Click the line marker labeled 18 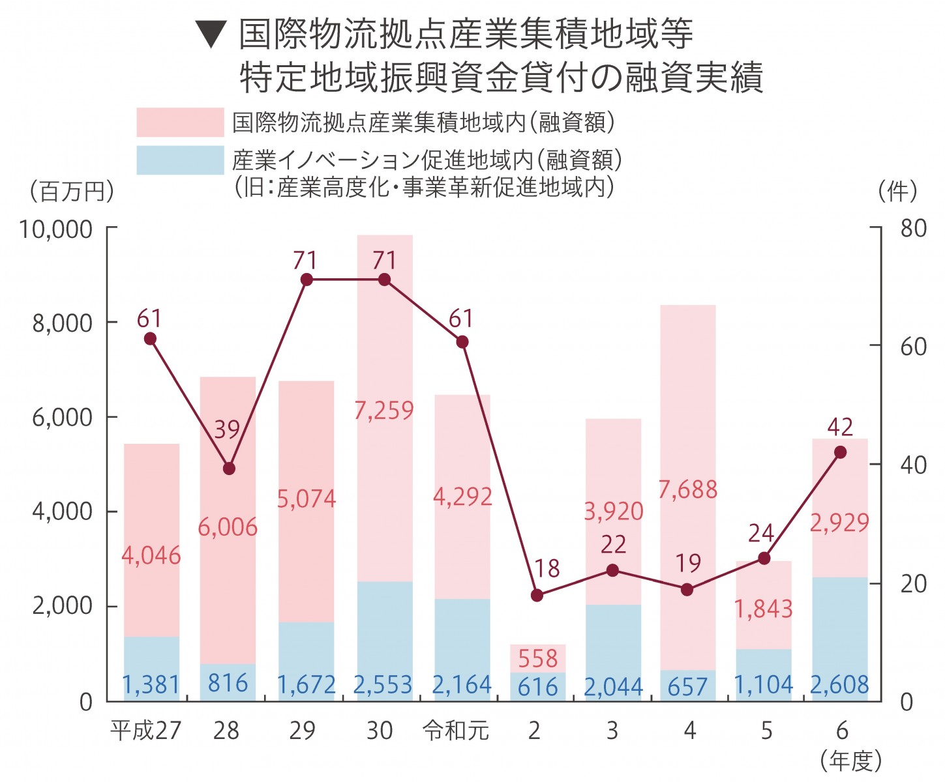(537, 595)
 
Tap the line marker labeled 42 (840, 452)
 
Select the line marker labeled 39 (229, 469)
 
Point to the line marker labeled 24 (764, 558)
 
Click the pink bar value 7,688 (687, 489)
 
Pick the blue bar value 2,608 (839, 685)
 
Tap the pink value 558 (537, 659)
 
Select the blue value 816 (228, 683)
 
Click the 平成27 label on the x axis (145, 731)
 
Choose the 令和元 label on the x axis (456, 731)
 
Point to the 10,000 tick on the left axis (56, 229)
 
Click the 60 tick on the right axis (913, 347)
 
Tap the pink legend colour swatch (180, 123)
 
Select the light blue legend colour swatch (180, 160)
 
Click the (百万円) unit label (72, 192)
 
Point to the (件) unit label (898, 192)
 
